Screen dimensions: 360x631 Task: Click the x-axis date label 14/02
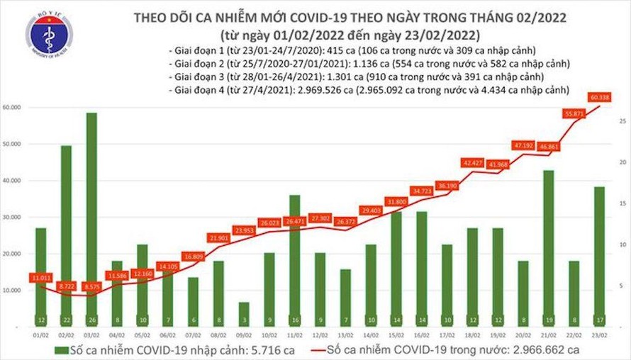click(x=371, y=334)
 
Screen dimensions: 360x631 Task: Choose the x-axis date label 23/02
click(x=600, y=334)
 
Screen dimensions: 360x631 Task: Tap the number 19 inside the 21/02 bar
click(x=547, y=320)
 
